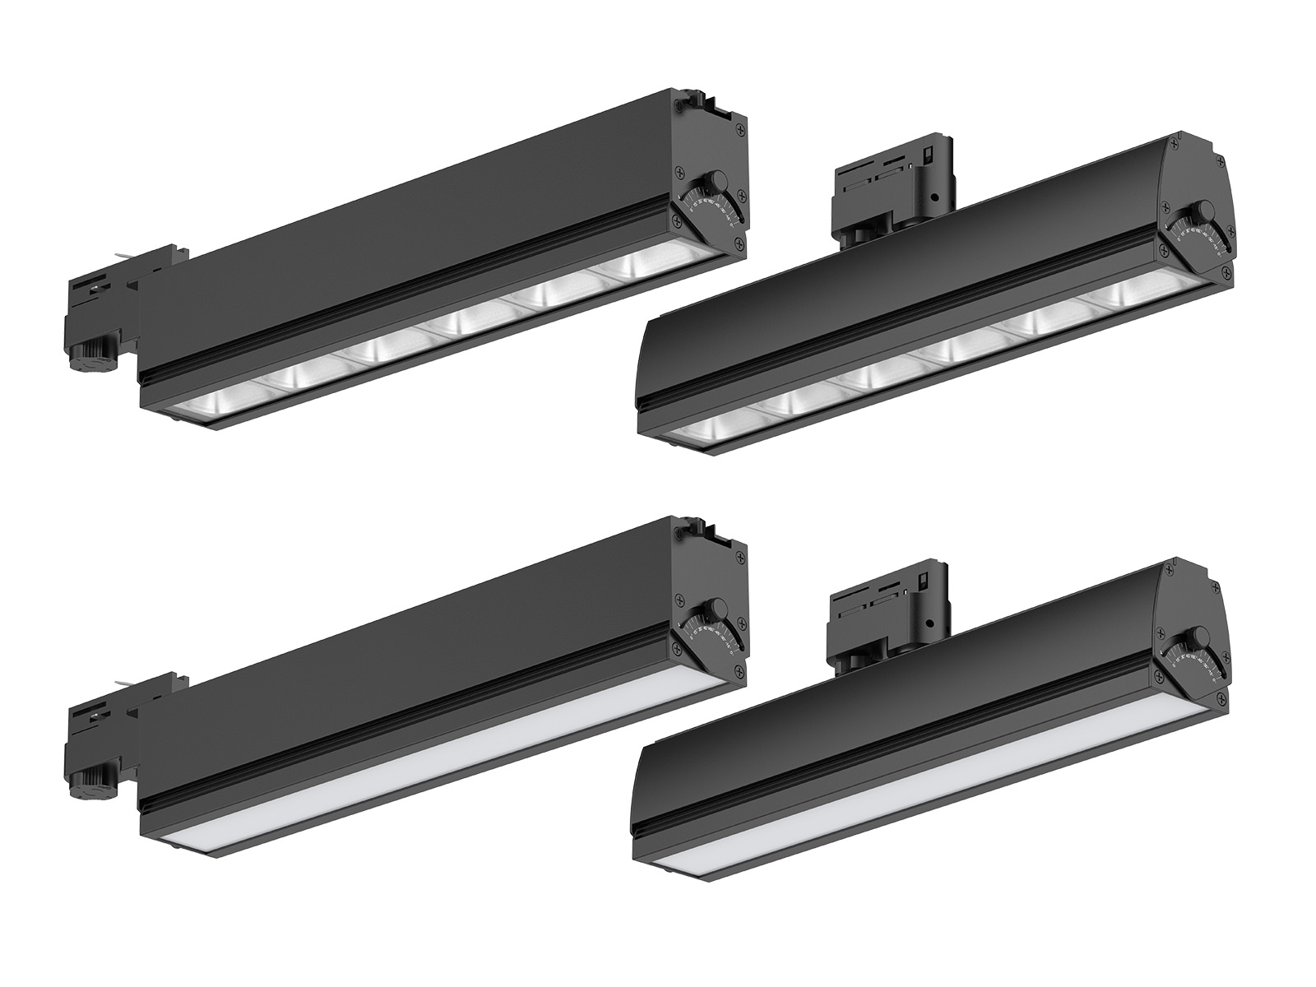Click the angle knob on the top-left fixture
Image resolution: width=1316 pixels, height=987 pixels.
click(x=718, y=180)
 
